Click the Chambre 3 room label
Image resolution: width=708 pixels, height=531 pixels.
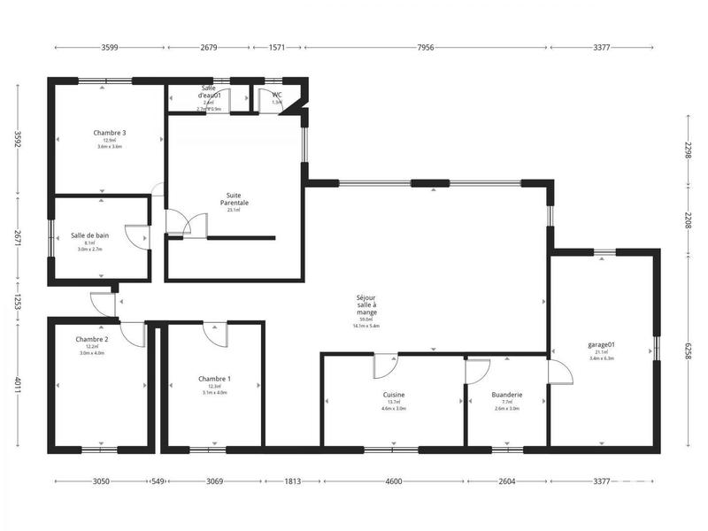(x=110, y=133)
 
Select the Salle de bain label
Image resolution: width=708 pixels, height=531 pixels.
(x=89, y=235)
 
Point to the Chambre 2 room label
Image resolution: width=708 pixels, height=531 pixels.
(x=92, y=339)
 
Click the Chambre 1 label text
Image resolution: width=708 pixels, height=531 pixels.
(x=214, y=379)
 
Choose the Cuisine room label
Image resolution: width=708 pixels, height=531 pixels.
(x=394, y=395)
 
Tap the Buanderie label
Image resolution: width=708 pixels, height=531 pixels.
(x=507, y=395)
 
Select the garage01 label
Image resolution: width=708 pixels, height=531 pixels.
(x=601, y=344)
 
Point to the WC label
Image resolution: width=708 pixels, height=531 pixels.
(x=277, y=94)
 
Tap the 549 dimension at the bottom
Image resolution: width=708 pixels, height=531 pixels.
(x=158, y=481)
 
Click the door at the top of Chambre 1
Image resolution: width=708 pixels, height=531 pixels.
(x=215, y=334)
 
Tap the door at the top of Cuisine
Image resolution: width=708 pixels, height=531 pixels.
(x=386, y=365)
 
